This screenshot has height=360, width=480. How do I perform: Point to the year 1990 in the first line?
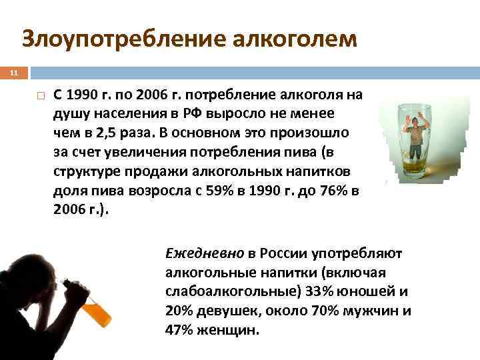click(x=81, y=95)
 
